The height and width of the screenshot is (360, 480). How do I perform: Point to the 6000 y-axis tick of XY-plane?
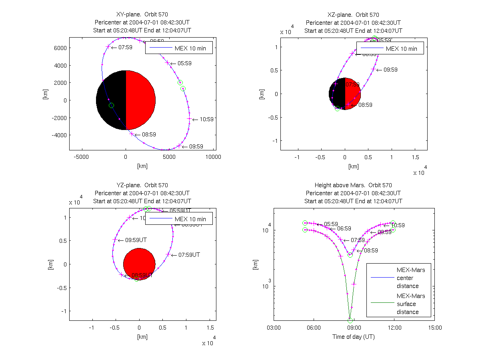60,48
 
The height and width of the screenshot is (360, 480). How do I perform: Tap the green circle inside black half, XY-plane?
111,105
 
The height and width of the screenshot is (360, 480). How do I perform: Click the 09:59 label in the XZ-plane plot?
390,70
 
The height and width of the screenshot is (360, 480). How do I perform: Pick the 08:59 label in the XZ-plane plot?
365,105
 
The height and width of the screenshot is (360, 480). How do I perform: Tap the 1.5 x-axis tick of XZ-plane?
415,157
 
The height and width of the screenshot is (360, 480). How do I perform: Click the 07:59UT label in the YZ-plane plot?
189,254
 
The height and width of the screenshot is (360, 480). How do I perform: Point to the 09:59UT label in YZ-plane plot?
136,240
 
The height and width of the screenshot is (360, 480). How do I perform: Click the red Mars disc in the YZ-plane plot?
139,264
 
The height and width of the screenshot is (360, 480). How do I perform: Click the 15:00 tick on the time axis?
435,328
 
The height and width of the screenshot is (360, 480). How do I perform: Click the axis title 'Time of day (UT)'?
354,337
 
